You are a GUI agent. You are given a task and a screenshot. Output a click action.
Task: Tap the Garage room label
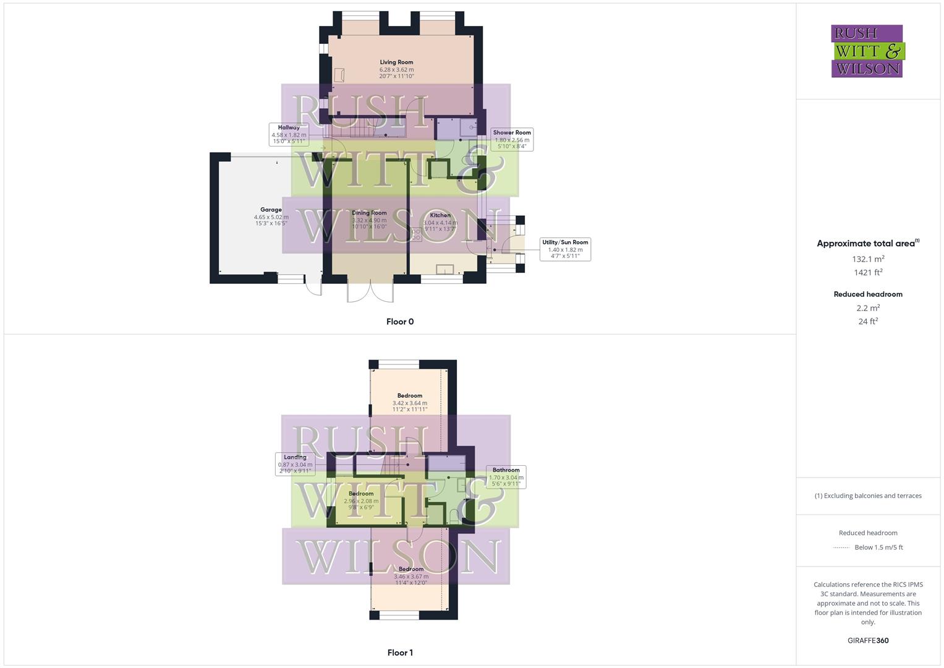[271, 216]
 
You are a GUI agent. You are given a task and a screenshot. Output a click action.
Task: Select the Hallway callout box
[289, 134]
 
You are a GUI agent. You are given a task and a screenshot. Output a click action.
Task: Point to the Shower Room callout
[512, 139]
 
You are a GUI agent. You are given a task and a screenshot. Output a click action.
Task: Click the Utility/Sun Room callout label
[565, 249]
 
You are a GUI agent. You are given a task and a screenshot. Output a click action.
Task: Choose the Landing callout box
[295, 464]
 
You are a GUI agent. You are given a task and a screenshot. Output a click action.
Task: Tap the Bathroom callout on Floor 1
[506, 477]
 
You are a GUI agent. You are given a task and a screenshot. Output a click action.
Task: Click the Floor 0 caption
[400, 322]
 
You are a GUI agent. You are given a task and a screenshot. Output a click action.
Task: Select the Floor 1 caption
[400, 653]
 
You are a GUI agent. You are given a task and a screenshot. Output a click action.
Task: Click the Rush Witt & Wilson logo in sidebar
[867, 51]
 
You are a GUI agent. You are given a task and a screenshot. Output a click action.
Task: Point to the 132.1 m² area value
[868, 259]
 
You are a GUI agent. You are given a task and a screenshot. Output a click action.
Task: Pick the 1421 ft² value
[868, 272]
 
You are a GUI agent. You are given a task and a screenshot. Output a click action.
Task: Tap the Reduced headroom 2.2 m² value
[868, 308]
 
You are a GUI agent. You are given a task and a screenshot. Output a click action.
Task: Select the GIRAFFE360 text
[868, 640]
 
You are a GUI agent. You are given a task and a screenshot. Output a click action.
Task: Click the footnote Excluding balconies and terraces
[868, 495]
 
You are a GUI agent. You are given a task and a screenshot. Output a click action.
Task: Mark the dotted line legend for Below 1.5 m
[841, 547]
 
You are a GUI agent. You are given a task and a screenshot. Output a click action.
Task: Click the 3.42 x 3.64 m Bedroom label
[410, 402]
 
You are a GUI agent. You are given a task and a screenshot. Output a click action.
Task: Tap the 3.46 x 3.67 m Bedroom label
[411, 576]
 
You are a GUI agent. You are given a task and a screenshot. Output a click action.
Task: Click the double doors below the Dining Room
[370, 292]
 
